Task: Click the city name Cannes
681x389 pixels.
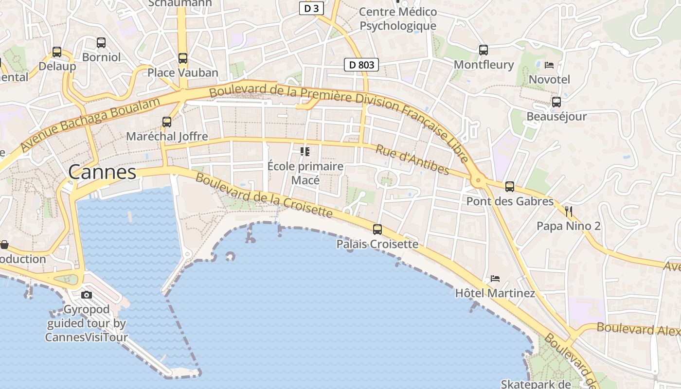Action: point(102,172)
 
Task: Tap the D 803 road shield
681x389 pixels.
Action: point(361,65)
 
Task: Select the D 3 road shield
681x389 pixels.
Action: point(311,8)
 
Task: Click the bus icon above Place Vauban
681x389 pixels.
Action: point(183,58)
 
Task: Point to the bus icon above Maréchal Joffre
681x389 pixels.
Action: point(167,122)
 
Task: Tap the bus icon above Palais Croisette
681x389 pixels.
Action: point(377,230)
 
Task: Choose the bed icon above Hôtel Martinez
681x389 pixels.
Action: point(495,279)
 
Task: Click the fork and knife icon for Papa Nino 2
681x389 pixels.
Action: point(568,212)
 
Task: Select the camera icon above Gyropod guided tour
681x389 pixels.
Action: point(87,295)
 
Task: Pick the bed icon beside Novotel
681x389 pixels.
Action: point(549,65)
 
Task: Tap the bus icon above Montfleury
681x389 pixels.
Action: point(483,50)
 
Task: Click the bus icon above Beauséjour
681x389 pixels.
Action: point(556,102)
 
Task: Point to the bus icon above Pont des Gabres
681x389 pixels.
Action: point(510,187)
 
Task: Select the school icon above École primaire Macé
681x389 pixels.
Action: point(305,152)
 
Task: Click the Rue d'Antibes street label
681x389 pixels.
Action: point(412,159)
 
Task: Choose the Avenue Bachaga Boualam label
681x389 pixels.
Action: point(90,124)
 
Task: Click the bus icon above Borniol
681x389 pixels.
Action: point(101,43)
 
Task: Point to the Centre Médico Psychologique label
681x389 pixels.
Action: point(398,18)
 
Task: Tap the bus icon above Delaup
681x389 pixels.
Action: point(57,52)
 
